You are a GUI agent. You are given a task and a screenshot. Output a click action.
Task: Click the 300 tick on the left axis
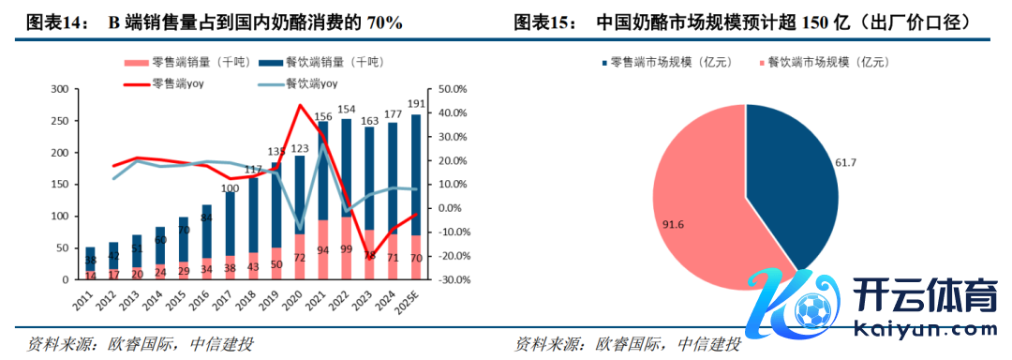(x=59, y=89)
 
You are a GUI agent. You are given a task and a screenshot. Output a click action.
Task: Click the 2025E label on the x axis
(x=409, y=301)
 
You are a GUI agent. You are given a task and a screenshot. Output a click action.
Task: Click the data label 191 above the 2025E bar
(x=416, y=104)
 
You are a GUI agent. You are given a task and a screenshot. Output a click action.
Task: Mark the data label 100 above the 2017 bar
(x=231, y=188)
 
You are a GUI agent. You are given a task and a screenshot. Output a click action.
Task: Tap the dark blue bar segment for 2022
(x=347, y=169)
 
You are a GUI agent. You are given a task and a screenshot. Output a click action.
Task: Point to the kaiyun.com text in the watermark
(x=926, y=329)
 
